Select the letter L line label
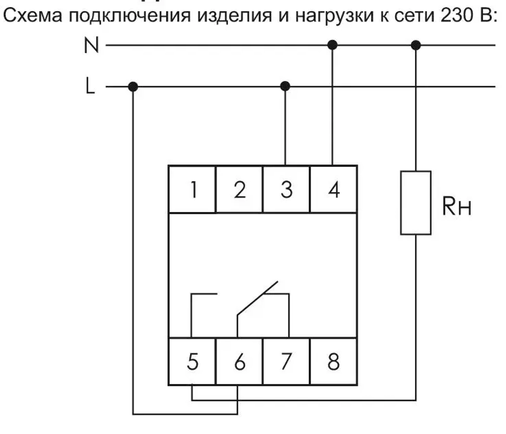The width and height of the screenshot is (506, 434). [x=90, y=87]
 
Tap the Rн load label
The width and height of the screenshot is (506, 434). [x=457, y=207]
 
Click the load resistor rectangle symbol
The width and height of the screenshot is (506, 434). [x=416, y=202]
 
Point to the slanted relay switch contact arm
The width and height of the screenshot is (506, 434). [x=258, y=298]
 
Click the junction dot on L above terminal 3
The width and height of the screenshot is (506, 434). [x=285, y=86]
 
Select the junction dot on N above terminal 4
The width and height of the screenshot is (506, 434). [x=332, y=45]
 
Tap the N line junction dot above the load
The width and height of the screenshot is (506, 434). [x=416, y=45]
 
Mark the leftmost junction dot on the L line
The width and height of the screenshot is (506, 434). [x=133, y=87]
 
